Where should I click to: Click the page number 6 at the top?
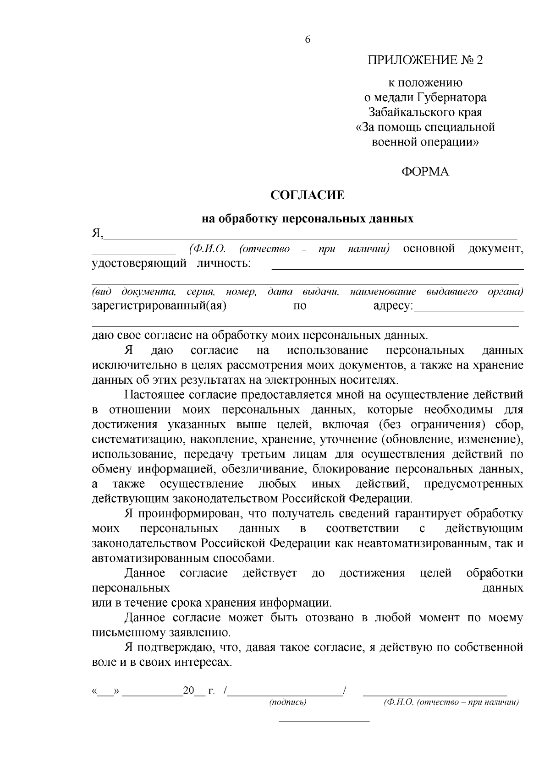coord(308,40)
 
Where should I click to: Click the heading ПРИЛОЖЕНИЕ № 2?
coord(425,60)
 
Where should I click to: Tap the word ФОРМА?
coord(425,172)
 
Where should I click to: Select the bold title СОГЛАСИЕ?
coord(307,196)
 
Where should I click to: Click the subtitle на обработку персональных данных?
coord(308,219)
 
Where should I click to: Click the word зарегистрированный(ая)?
coord(159,306)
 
